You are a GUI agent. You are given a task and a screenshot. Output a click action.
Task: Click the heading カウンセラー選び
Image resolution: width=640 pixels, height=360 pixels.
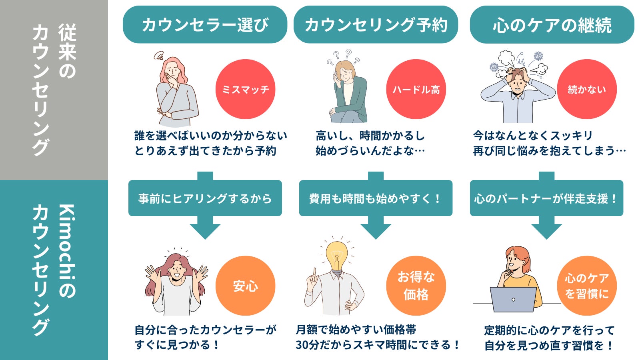tap(205, 25)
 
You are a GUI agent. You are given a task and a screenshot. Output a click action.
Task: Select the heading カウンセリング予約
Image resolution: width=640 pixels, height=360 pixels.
tap(376, 25)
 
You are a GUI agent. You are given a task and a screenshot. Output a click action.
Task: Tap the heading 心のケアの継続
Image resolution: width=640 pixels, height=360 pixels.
tap(552, 25)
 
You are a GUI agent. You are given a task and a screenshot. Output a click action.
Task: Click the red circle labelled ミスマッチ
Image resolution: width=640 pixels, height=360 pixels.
tap(245, 89)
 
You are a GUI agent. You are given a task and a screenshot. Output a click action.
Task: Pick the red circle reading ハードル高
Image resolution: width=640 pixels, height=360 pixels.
tap(416, 89)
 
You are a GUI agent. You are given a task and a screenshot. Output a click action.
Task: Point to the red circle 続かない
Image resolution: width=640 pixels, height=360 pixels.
tap(587, 89)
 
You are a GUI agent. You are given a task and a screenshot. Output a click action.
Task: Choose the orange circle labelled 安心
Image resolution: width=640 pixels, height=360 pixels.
tap(245, 286)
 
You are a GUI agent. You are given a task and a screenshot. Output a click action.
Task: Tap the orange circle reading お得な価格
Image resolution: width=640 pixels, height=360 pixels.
tap(416, 286)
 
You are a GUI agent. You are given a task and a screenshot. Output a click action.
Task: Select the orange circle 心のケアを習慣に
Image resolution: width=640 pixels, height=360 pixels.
tap(587, 286)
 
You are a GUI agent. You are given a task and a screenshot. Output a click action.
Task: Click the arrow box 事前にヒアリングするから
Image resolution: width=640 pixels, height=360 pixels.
tap(205, 198)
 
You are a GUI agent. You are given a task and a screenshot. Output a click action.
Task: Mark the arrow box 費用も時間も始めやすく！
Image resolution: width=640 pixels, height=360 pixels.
tap(376, 198)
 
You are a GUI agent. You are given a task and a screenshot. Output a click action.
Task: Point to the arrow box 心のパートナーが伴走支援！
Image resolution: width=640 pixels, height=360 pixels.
tap(546, 198)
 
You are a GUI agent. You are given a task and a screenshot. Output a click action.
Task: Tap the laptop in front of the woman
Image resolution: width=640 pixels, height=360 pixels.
tap(513, 300)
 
